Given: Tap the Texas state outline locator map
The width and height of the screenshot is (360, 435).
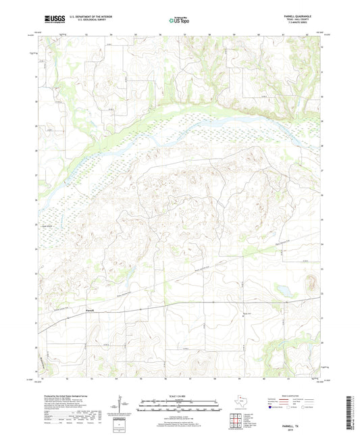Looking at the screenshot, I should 242,403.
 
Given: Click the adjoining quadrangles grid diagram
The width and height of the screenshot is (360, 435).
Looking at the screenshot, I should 238,421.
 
